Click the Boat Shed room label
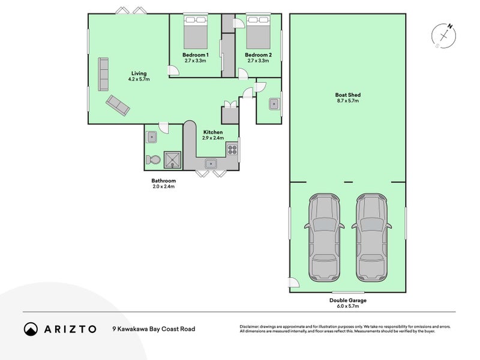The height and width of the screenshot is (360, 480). coord(348,95)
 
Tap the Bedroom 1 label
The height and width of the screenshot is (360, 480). coord(196,55)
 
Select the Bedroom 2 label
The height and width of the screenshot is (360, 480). coord(259,55)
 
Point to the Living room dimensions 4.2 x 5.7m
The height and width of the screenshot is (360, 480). coord(139,79)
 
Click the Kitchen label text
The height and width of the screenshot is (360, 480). coord(213,132)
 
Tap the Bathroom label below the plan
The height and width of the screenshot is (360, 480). coord(164,181)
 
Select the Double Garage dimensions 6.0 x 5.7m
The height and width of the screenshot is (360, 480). coord(348,306)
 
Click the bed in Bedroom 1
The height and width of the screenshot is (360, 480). coord(196,32)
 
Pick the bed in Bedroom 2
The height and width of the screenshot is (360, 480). coord(259,32)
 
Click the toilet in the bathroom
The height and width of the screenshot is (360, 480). coord(154,160)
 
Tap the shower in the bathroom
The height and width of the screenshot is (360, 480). coord(172,160)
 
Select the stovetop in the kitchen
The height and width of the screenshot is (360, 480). coord(232,149)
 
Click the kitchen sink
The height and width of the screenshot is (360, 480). coord(211,164)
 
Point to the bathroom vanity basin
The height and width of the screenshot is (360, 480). coord(152,137)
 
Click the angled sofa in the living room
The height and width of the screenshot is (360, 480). coord(118,106)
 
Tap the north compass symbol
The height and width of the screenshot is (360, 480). coord(443,35)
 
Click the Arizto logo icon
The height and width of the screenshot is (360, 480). coord(31,329)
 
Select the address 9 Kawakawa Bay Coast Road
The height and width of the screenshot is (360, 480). coord(154,329)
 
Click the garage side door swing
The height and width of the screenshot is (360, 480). coord(294,282)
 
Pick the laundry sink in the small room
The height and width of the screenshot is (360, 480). coord(274,104)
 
